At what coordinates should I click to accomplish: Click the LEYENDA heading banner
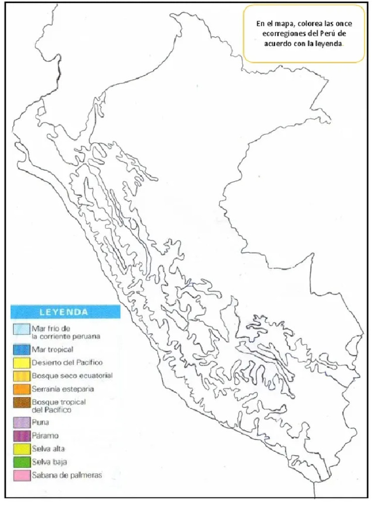[x=64, y=312]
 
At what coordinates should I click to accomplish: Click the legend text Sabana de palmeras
[x=59, y=475]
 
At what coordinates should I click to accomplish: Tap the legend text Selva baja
[x=49, y=461]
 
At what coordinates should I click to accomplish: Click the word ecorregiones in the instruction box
[x=281, y=34]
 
